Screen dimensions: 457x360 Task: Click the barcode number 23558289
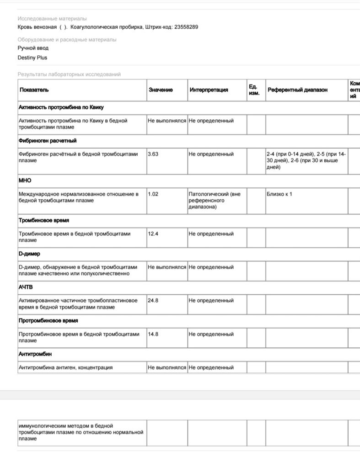[x=186, y=27]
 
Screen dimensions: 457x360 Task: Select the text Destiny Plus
[x=32, y=58]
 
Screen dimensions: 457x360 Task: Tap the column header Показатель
[x=34, y=90]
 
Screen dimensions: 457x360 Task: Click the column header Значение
[x=161, y=90]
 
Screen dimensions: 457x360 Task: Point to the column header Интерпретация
[x=209, y=90]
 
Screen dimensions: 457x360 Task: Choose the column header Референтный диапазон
[x=297, y=90]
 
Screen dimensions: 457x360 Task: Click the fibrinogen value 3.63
[x=153, y=154]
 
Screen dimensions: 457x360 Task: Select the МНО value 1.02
[x=153, y=194]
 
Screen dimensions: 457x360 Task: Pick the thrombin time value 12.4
[x=153, y=234]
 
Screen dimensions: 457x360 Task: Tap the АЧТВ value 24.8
[x=153, y=301]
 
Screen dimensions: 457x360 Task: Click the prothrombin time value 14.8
[x=153, y=334]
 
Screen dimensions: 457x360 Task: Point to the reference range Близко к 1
[x=279, y=194]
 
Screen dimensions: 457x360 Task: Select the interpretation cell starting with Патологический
[x=214, y=200]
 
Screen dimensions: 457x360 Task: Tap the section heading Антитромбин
[x=35, y=354]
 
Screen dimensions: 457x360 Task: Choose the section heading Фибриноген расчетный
[x=48, y=141]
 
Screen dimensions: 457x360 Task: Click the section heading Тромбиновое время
[x=44, y=220]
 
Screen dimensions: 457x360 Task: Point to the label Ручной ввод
[x=33, y=48]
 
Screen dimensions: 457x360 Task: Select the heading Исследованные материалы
[x=52, y=19]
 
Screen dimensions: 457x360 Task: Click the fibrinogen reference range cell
[x=306, y=160]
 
